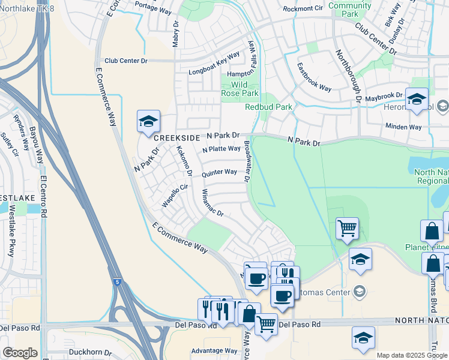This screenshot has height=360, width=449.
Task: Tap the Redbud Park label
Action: [x=268, y=107]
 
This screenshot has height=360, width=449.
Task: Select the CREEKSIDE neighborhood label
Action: [x=176, y=138]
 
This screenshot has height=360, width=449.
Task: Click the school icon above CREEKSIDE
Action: [x=148, y=122]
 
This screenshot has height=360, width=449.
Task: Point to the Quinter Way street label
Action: [x=219, y=173]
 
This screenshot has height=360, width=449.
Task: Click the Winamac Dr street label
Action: [x=212, y=204]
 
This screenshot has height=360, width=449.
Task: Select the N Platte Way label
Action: [x=221, y=149]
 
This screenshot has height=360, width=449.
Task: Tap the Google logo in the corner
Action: [x=20, y=353]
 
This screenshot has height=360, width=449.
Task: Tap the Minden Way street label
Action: [x=403, y=127]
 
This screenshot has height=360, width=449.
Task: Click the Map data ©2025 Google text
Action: [x=411, y=355]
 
